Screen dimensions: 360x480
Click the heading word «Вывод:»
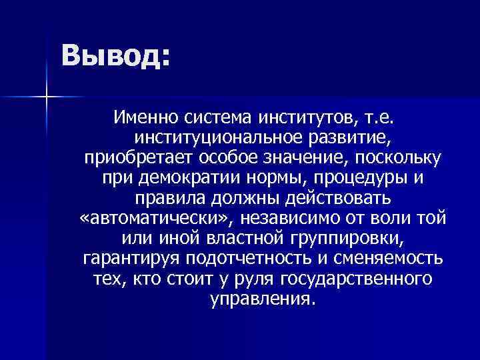click(115, 55)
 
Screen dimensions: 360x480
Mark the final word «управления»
click(260, 297)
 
